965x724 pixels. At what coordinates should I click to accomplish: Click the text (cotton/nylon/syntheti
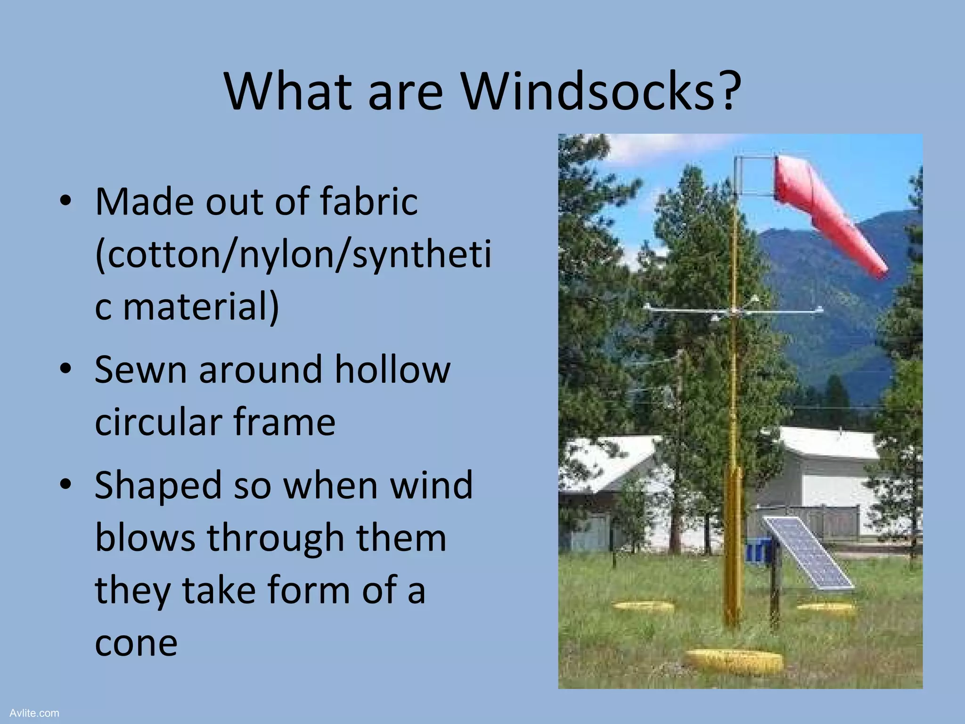coord(292,255)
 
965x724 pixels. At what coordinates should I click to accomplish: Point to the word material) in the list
coord(201,306)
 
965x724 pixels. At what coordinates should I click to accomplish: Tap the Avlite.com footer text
coord(34,713)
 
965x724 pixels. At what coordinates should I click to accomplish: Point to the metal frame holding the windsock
coord(754,177)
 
